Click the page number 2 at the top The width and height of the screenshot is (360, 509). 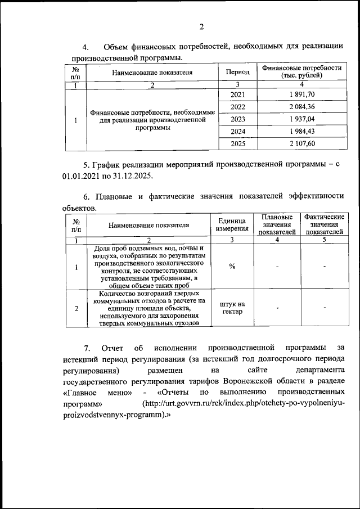click(200, 26)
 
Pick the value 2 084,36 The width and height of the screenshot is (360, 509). click(302, 106)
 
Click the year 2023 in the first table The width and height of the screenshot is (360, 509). click(238, 119)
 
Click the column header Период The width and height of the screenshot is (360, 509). click(237, 73)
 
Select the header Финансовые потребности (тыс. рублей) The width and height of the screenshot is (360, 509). click(302, 71)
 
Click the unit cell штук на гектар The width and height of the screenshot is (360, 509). click(232, 308)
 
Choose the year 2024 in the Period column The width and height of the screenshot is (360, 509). click(238, 132)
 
